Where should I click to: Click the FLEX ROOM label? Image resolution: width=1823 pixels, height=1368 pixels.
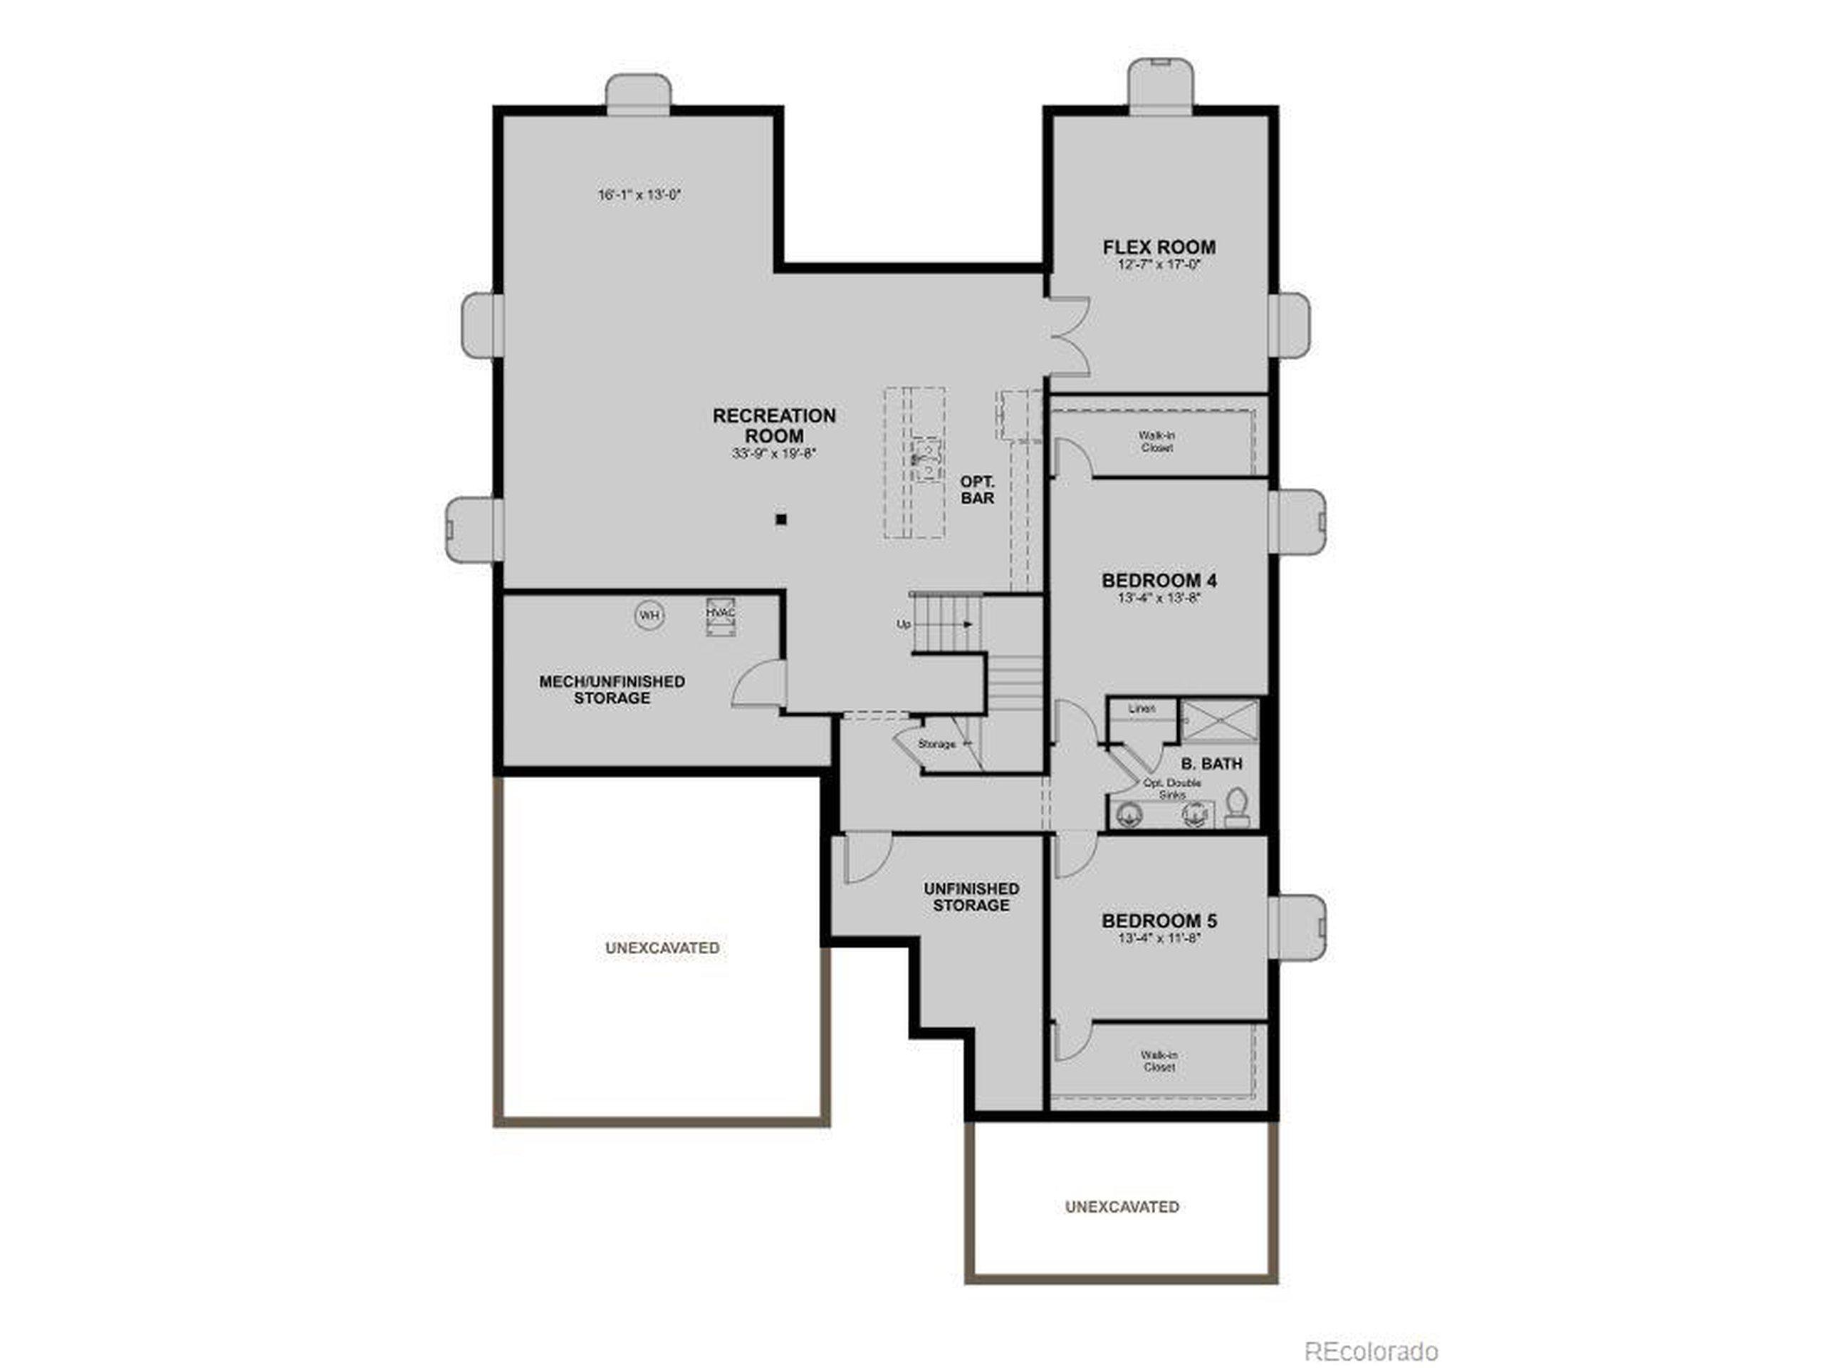tap(1159, 247)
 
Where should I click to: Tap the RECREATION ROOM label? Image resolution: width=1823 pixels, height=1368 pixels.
tap(774, 425)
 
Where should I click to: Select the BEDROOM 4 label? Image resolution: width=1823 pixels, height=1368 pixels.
tap(1159, 581)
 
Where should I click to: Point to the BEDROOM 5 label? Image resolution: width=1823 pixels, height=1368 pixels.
tap(1159, 921)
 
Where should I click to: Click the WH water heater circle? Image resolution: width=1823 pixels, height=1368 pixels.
tap(649, 615)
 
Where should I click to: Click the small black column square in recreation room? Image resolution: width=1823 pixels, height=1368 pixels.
tap(781, 519)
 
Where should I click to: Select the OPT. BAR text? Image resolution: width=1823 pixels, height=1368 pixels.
tap(978, 489)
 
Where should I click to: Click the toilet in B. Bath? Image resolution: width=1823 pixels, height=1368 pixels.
tap(1236, 807)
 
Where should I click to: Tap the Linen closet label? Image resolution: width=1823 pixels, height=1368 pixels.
tap(1142, 708)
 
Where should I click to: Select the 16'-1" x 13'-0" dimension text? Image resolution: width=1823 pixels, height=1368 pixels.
tap(639, 195)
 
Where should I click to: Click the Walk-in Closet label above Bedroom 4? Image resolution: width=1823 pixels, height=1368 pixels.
tap(1156, 441)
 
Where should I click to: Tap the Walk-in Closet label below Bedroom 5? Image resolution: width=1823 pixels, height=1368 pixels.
tap(1158, 1060)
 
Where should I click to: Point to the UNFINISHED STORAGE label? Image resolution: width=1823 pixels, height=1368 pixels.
tap(971, 897)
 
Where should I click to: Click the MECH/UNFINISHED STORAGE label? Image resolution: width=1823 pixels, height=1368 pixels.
tap(612, 690)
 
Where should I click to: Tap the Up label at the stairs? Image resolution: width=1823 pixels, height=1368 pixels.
tap(903, 624)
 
